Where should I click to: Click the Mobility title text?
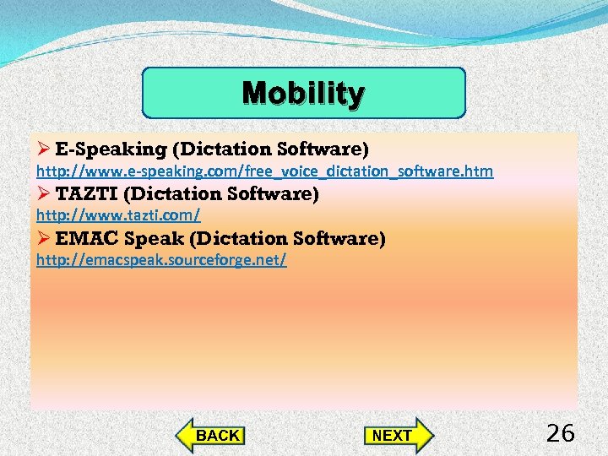click(x=303, y=93)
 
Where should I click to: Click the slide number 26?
click(x=560, y=434)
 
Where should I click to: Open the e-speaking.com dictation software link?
click(x=264, y=172)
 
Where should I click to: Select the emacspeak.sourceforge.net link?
click(x=161, y=260)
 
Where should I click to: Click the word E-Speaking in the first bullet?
click(x=111, y=150)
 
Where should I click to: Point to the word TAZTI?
click(x=87, y=195)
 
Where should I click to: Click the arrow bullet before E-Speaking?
click(x=44, y=150)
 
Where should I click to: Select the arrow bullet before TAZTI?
click(x=44, y=195)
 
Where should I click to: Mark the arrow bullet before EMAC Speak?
click(x=44, y=239)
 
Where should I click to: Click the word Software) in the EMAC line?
click(x=345, y=239)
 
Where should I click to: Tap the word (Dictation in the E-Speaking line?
click(x=218, y=150)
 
